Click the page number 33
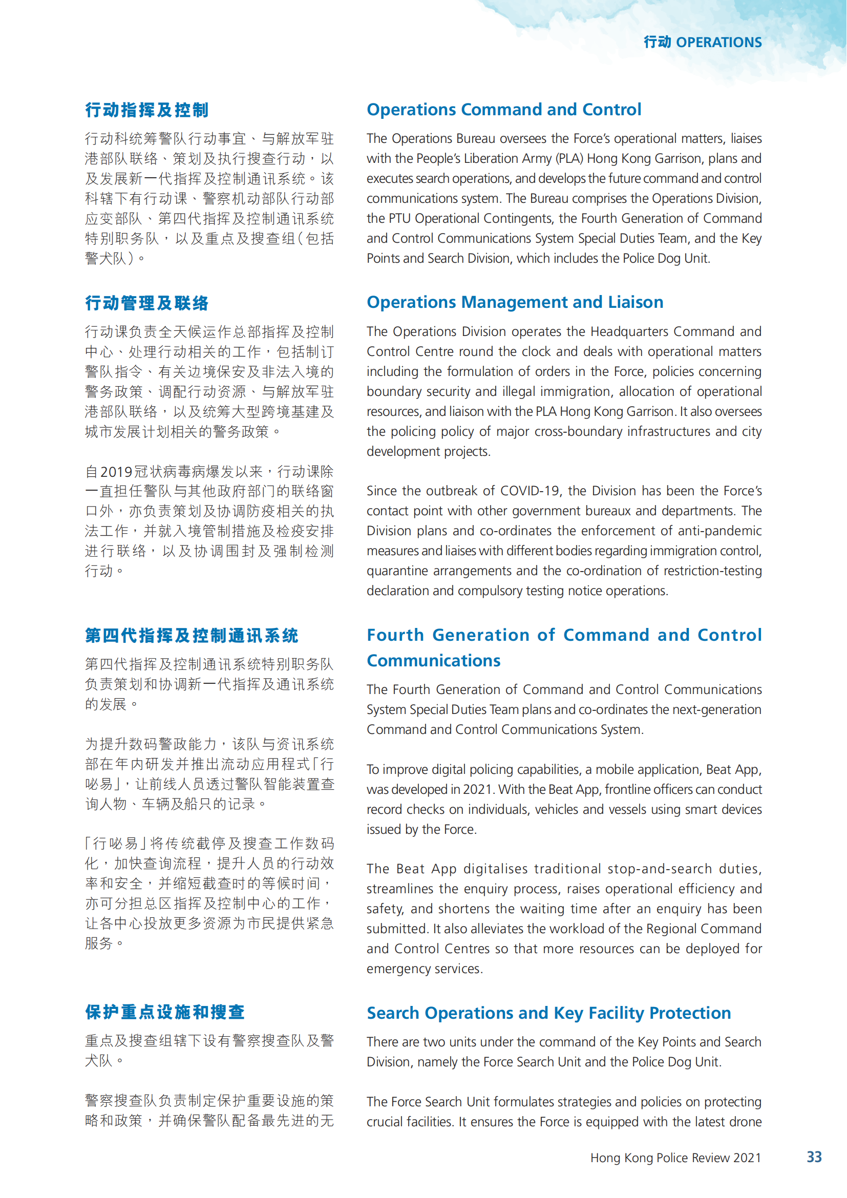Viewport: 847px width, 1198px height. [814, 1157]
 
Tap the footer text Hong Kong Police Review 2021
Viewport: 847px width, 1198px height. [675, 1158]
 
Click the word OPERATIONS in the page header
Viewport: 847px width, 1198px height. [718, 43]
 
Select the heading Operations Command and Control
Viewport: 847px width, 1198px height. [504, 110]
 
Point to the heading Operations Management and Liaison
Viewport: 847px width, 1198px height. [515, 302]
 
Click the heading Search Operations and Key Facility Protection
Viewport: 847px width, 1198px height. [548, 1013]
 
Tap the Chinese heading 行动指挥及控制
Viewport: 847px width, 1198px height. [147, 110]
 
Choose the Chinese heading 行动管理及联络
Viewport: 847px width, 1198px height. [147, 303]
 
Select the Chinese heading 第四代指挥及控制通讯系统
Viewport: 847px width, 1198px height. [192, 636]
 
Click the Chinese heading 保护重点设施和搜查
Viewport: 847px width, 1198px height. [165, 1012]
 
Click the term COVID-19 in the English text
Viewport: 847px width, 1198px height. [530, 491]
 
